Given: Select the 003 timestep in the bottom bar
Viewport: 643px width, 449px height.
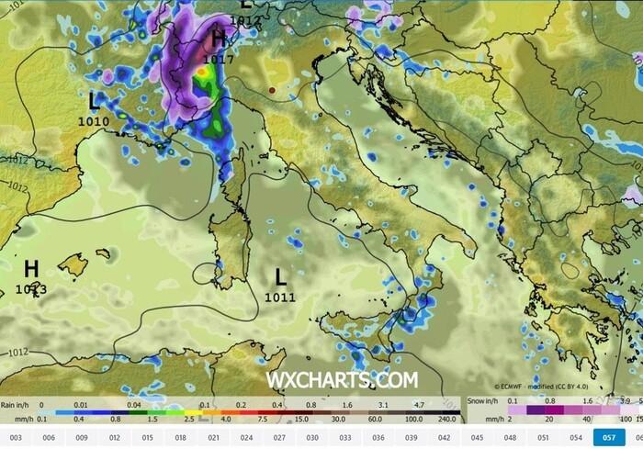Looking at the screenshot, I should pyautogui.click(x=15, y=436).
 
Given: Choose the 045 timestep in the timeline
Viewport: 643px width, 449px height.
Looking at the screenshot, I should pyautogui.click(x=477, y=436).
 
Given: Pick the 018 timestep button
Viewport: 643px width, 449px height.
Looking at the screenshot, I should pyautogui.click(x=180, y=436).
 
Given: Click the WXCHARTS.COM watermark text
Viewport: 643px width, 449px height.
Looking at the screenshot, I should pyautogui.click(x=342, y=380).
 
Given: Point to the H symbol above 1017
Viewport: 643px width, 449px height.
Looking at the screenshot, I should pyautogui.click(x=219, y=39).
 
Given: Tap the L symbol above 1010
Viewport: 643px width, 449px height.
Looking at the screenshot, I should pyautogui.click(x=95, y=100).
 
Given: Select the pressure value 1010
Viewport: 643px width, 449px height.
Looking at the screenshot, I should pyautogui.click(x=95, y=120).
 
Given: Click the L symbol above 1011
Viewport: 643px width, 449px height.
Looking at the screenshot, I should pyautogui.click(x=281, y=275).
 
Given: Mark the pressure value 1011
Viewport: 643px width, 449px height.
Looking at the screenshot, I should pyautogui.click(x=279, y=297).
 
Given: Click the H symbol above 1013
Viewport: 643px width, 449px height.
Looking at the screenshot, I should pyautogui.click(x=31, y=268).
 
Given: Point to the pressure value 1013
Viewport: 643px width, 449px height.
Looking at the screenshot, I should pyautogui.click(x=31, y=288).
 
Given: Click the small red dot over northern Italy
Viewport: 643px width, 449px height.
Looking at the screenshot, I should pyautogui.click(x=272, y=90).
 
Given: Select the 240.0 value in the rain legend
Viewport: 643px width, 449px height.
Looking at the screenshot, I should pyautogui.click(x=446, y=420).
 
